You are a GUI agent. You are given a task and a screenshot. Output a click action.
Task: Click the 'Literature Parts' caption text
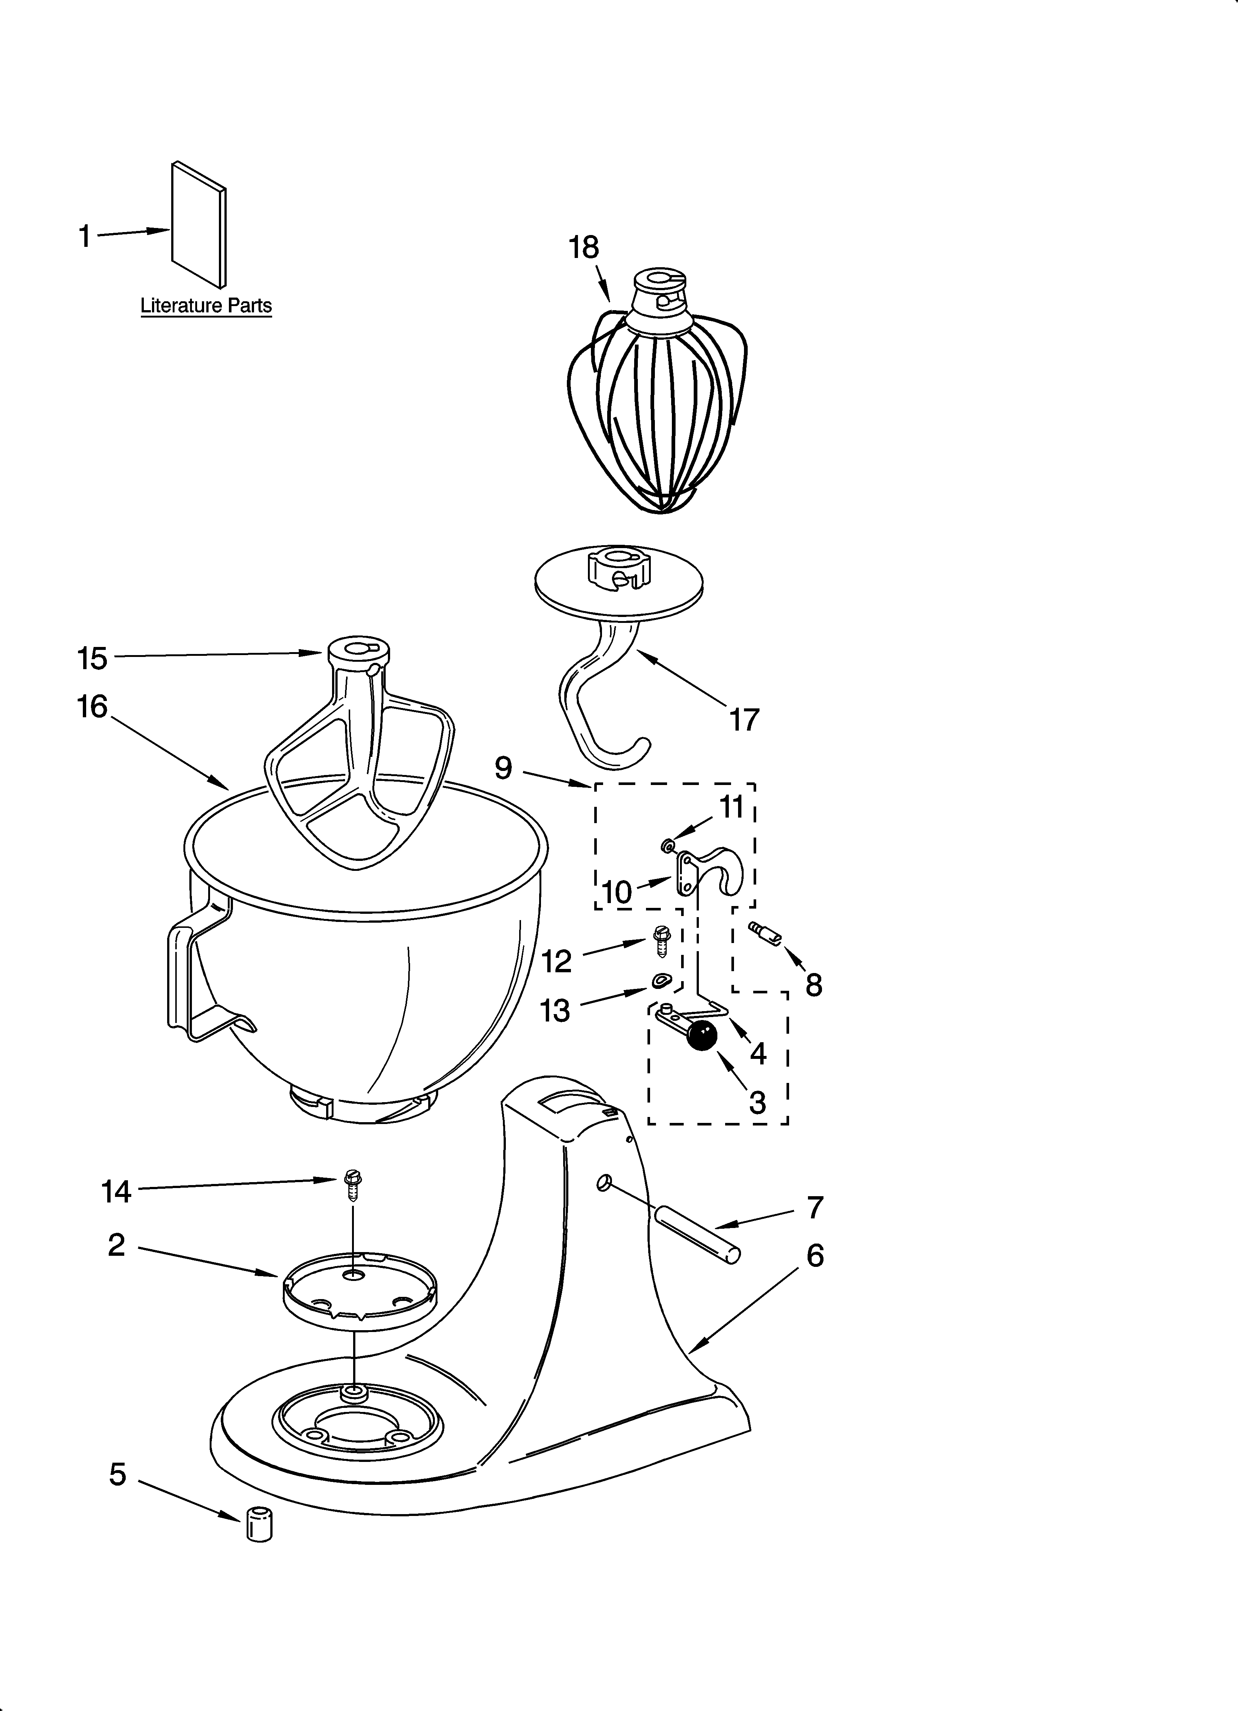tap(206, 306)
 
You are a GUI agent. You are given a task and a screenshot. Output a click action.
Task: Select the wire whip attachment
tap(657, 407)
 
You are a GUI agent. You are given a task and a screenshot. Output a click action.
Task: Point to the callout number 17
tap(743, 721)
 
